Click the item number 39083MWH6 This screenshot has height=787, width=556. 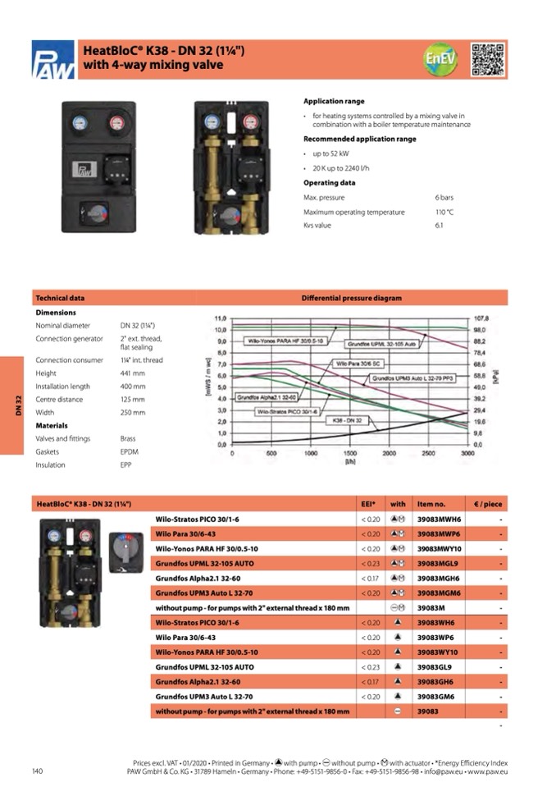click(440, 519)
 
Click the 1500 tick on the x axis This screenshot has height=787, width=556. click(349, 453)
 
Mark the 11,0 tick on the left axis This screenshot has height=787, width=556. click(219, 318)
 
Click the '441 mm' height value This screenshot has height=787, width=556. click(132, 373)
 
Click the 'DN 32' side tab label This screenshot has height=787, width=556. click(17, 405)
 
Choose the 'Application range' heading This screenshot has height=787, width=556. click(334, 102)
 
